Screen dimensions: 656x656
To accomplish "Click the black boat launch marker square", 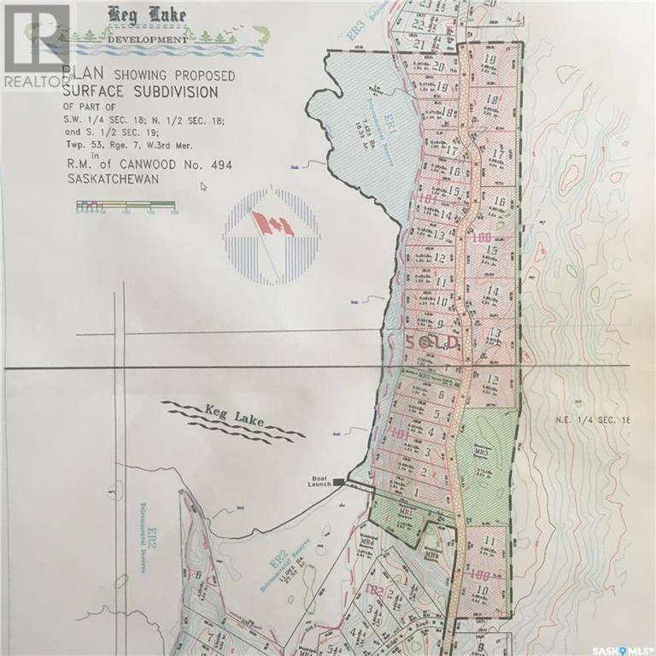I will (x=339, y=483).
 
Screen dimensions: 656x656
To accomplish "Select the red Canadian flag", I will (x=272, y=225).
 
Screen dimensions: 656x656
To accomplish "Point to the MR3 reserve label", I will (x=483, y=450).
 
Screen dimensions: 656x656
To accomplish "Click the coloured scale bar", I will (x=126, y=206).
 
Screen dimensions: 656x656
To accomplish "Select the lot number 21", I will (x=419, y=44).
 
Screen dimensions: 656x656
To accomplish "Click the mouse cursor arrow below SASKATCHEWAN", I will (x=202, y=186).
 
